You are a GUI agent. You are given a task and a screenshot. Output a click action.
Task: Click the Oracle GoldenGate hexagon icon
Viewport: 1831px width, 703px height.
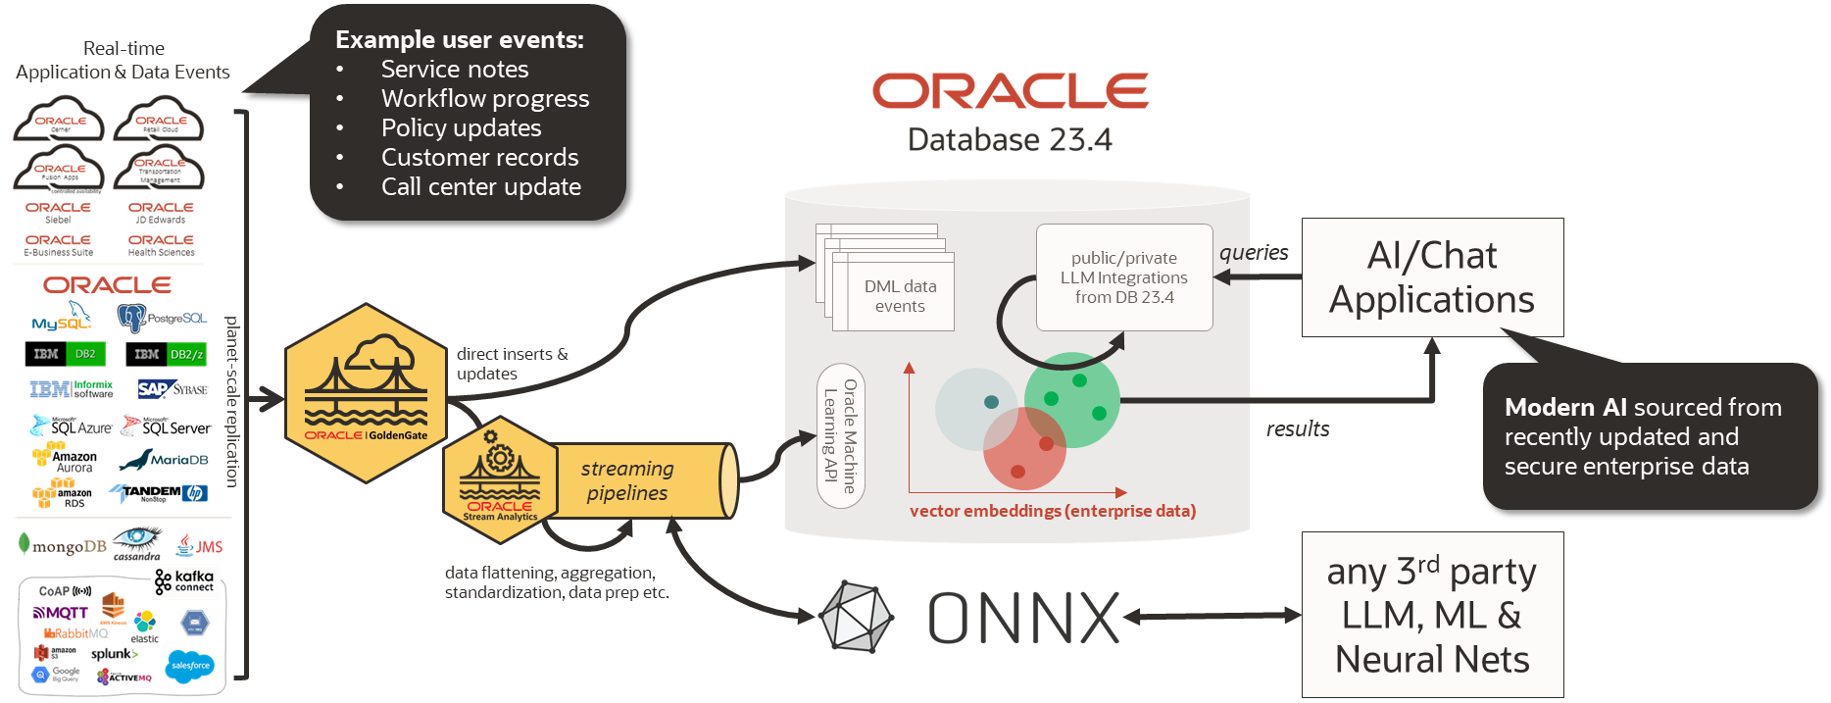pos(366,392)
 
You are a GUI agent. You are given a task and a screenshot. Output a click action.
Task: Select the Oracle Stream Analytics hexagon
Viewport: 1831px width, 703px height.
pos(500,479)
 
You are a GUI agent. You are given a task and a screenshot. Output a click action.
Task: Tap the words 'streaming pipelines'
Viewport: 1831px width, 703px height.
pos(627,480)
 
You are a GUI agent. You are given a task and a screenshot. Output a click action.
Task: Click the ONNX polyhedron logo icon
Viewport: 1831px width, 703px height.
pos(855,617)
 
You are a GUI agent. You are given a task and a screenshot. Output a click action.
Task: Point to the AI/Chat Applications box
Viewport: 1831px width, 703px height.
pos(1432,277)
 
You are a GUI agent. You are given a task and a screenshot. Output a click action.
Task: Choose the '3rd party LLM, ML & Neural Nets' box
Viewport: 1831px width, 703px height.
pos(1432,615)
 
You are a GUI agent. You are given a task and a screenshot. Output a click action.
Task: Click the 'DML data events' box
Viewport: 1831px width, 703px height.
pos(900,295)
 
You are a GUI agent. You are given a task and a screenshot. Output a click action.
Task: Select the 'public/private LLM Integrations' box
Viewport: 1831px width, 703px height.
pos(1124,277)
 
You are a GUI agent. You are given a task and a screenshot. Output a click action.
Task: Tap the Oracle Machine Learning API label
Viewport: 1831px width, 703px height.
pos(840,436)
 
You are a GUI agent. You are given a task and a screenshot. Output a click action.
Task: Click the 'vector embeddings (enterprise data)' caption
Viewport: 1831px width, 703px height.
pos(1053,511)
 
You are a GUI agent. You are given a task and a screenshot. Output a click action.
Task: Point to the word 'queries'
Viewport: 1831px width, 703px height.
pos(1254,253)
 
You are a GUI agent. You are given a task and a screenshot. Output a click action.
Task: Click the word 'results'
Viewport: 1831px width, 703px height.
pos(1298,428)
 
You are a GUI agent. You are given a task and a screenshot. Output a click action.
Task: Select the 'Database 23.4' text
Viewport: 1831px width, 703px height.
pos(1010,140)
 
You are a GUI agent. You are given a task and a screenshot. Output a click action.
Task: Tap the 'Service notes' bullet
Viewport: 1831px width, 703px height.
pos(455,70)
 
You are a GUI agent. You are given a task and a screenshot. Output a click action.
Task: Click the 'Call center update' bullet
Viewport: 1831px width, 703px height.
pos(480,187)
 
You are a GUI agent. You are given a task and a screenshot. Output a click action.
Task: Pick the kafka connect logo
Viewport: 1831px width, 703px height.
pos(185,581)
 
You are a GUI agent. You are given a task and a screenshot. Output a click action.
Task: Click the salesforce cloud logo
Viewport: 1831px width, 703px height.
pos(190,666)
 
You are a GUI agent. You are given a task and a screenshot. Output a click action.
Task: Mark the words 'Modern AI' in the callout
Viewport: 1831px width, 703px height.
pos(1564,407)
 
